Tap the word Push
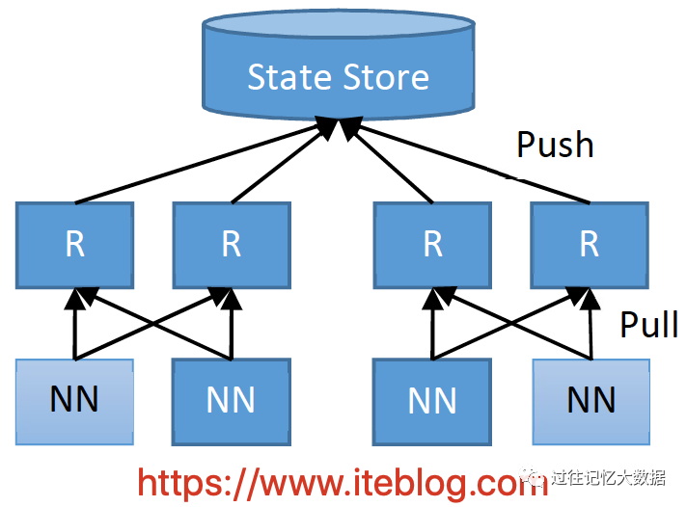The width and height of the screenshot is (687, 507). pos(555,145)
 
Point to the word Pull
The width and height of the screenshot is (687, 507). pos(648,325)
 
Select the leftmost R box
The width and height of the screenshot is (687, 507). pos(74,245)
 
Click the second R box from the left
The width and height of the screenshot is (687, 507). pos(232,245)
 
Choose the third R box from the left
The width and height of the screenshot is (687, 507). pos(432,245)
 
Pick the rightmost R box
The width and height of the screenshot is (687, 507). pos(590,245)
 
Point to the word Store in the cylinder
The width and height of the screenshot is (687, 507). pos(383,77)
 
